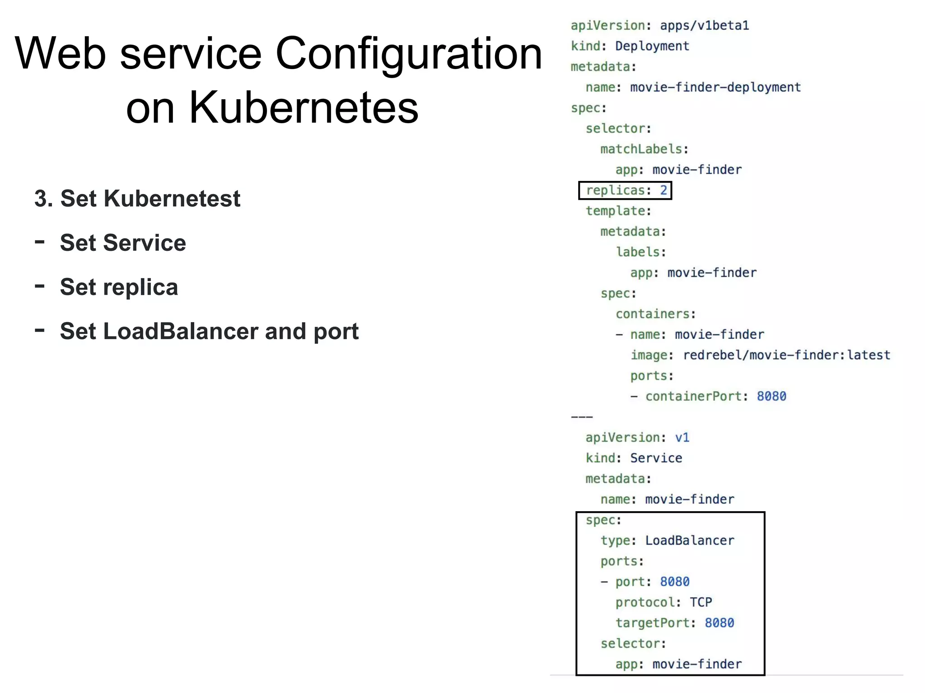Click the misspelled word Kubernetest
pyautogui.click(x=172, y=199)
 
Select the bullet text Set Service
pyautogui.click(x=123, y=243)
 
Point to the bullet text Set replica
pyautogui.click(x=119, y=287)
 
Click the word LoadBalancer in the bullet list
pyautogui.click(x=181, y=332)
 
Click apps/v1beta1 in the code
pyautogui.click(x=704, y=26)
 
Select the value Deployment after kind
pyautogui.click(x=652, y=46)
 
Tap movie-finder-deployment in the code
pyautogui.click(x=715, y=88)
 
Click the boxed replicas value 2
pyautogui.click(x=663, y=190)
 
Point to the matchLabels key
pyautogui.click(x=641, y=149)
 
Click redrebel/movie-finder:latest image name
pyautogui.click(x=786, y=356)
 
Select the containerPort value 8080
pyautogui.click(x=771, y=397)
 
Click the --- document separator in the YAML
pyautogui.click(x=582, y=417)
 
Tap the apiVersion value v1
pyautogui.click(x=682, y=438)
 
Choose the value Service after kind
pyautogui.click(x=656, y=458)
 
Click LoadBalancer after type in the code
pyautogui.click(x=689, y=541)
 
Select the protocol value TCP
pyautogui.click(x=701, y=603)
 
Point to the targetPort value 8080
pyautogui.click(x=719, y=623)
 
